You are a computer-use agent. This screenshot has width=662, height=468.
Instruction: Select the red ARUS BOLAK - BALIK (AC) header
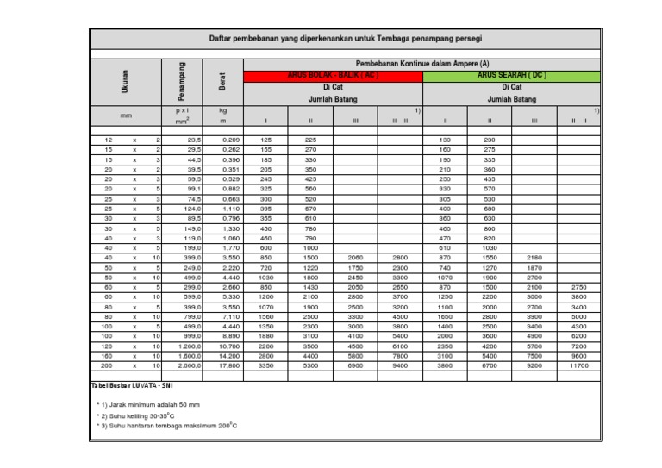point(333,76)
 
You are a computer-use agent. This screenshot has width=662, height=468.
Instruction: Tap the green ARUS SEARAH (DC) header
point(512,76)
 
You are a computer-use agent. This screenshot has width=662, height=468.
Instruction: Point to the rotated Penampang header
point(182,79)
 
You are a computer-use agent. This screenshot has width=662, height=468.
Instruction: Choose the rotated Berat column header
point(222,82)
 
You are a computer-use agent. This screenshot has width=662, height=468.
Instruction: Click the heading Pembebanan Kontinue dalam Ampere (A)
point(422,64)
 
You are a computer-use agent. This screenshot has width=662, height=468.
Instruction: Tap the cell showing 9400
point(399,365)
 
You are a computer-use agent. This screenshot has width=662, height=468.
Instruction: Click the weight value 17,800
point(229,365)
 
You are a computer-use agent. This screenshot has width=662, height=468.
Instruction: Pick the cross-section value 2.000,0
point(188,365)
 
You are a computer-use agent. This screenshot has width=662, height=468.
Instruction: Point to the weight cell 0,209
point(230,140)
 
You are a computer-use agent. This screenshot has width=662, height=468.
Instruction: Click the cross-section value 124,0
point(190,208)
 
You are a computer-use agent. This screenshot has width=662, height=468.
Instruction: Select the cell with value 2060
point(355,257)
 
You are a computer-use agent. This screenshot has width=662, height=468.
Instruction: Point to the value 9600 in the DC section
point(578,355)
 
